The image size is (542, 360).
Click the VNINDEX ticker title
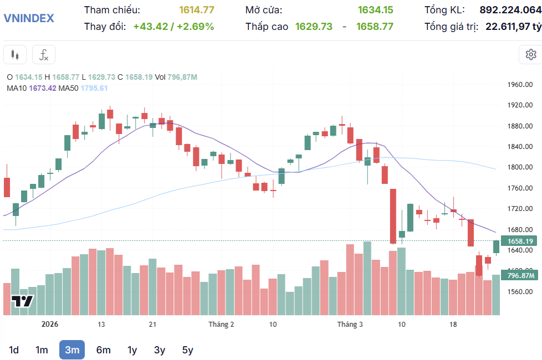point(29,18)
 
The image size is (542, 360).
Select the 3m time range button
point(72,349)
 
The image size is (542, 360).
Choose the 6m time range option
point(103,349)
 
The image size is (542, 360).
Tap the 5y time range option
point(187,349)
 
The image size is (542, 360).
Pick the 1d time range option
point(14,349)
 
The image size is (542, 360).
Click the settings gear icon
point(530,54)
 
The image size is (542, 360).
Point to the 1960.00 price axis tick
point(520,85)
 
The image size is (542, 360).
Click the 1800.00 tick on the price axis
point(520,167)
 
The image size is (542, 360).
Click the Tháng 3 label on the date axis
point(350,324)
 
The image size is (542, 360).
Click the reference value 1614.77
point(196,10)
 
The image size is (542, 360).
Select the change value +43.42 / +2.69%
point(173,26)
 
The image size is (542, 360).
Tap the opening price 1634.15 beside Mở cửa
point(375,10)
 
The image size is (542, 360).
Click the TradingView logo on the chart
point(22,301)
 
